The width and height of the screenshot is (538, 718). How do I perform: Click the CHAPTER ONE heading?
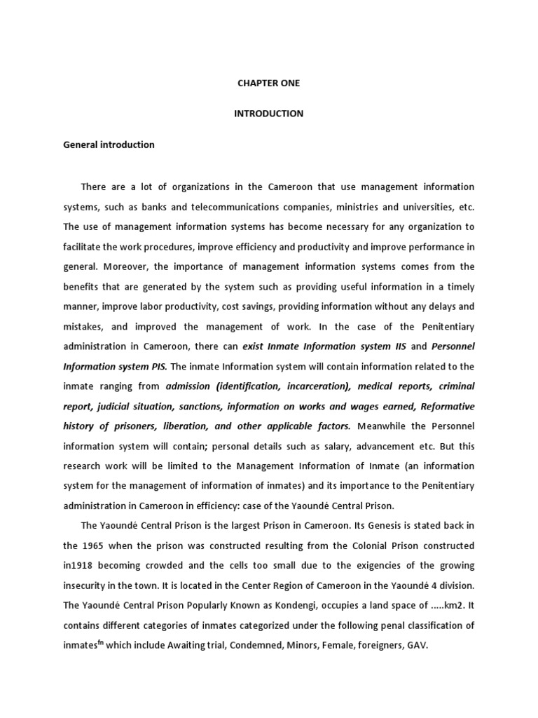pos(268,83)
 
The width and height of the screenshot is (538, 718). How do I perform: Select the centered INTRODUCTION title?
pos(269,114)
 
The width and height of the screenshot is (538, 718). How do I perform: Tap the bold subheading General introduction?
pos(109,145)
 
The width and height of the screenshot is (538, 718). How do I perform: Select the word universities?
pos(430,207)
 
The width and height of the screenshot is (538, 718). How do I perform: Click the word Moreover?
pos(120,266)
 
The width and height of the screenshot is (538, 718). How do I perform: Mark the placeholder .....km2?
pos(439,605)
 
